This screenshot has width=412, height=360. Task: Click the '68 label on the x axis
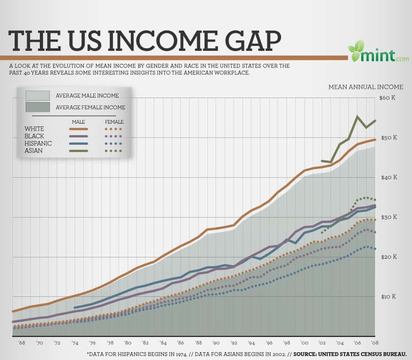pyautogui.click(x=22, y=343)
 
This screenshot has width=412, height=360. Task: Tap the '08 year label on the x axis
pyautogui.click(x=375, y=343)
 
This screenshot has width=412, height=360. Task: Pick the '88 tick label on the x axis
pyautogui.click(x=198, y=343)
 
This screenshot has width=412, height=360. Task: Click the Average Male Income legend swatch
pyautogui.click(x=38, y=95)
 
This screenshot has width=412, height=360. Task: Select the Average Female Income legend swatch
pyautogui.click(x=38, y=107)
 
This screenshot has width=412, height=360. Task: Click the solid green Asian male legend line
pyautogui.click(x=78, y=151)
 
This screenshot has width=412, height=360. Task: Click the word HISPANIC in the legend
pyautogui.click(x=38, y=143)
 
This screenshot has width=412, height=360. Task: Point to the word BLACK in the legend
pyautogui.click(x=34, y=136)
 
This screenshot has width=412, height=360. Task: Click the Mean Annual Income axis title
pyautogui.click(x=365, y=87)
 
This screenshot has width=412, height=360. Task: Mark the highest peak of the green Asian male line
pyautogui.click(x=357, y=116)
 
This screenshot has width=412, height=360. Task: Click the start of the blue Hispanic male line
pyautogui.click(x=74, y=307)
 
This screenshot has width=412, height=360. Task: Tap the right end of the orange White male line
pyautogui.click(x=375, y=139)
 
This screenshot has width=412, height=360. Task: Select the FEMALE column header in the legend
pyautogui.click(x=114, y=122)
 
